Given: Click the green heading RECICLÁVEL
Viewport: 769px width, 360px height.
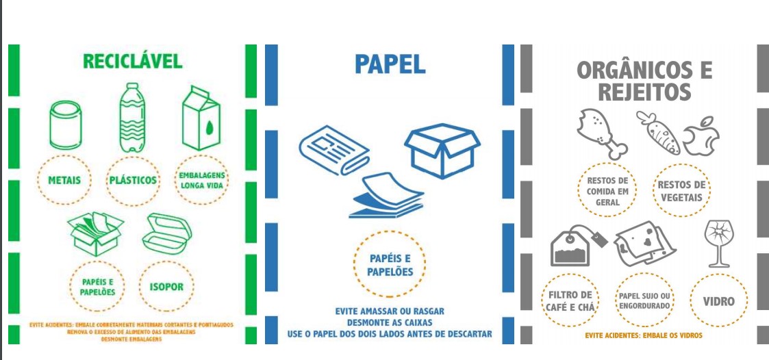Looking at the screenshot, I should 133,61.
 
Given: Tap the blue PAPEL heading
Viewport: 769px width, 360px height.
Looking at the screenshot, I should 390,64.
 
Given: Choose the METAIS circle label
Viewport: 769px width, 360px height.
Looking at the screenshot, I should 65,181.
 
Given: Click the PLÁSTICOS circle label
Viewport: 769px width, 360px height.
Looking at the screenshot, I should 133,181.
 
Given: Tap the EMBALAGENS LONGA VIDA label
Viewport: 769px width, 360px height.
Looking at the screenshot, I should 201,181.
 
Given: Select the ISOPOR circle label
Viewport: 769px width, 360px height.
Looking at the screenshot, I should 166,287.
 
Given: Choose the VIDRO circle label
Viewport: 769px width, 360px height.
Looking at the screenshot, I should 718,302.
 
